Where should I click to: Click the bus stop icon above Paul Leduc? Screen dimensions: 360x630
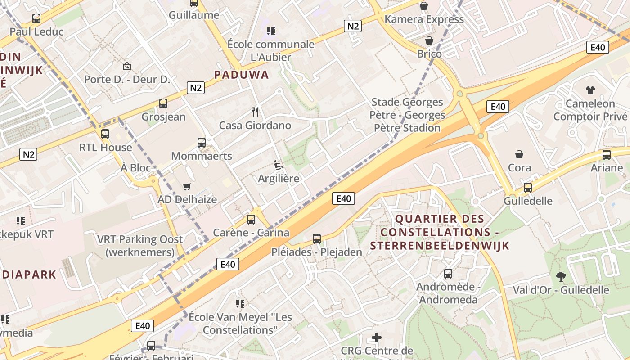tap(36, 18)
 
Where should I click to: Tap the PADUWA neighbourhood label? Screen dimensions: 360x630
tap(242, 75)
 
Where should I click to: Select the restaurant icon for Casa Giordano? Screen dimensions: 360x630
tap(255, 112)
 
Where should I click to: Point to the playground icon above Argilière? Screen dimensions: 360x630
tap(279, 165)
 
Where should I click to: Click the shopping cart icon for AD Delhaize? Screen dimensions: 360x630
tap(187, 186)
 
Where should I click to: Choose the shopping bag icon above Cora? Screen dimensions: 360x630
tap(519, 154)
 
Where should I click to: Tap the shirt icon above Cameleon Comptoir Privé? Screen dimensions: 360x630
tap(590, 90)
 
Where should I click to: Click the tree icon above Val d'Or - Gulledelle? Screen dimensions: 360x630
tap(561, 276)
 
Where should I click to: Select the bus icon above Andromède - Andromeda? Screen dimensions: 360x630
tap(448, 274)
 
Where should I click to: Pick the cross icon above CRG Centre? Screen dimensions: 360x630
tap(377, 337)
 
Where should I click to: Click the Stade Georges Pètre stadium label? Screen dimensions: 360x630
tap(407, 115)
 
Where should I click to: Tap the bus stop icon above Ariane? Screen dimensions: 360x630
tap(607, 155)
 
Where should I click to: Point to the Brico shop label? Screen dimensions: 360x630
tap(429, 54)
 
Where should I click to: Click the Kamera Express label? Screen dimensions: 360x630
tap(424, 19)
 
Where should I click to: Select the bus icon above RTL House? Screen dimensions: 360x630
tap(105, 134)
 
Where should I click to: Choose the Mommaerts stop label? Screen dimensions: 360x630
tap(202, 156)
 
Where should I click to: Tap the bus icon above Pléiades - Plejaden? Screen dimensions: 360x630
tap(317, 239)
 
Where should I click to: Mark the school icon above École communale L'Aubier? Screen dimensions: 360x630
tap(270, 31)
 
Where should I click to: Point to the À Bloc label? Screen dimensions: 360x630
tap(135, 168)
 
